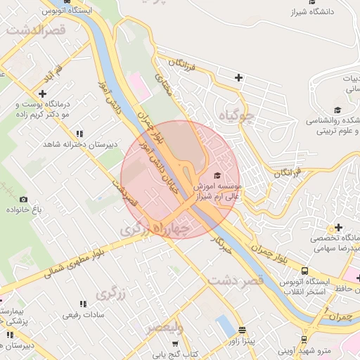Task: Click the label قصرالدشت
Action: [x=36, y=31]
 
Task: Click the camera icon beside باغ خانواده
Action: [x=23, y=200]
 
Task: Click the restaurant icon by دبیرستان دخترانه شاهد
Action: [x=79, y=133]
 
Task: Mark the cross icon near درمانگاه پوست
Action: [x=43, y=93]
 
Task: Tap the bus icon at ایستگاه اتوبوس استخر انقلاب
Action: [x=304, y=271]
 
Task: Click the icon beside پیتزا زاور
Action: [x=242, y=330]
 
